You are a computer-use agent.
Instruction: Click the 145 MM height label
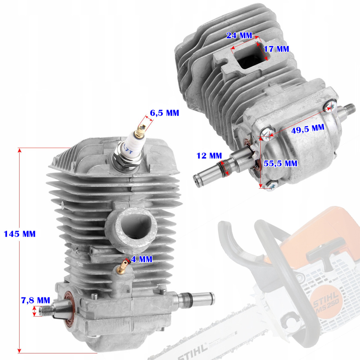20,234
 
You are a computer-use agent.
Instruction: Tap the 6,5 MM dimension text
165,113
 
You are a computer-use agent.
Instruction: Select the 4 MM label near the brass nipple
141,259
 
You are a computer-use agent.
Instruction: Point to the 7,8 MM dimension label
35,300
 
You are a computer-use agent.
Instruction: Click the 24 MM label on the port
239,35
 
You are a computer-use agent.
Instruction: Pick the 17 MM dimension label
276,49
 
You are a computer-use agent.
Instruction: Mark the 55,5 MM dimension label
281,163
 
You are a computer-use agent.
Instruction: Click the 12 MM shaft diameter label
209,155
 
